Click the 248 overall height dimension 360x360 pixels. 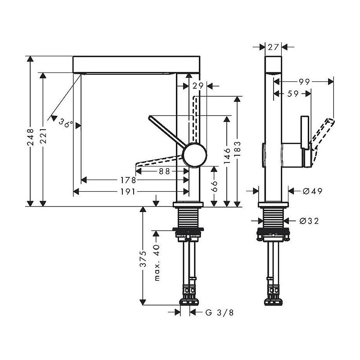click(x=31, y=137)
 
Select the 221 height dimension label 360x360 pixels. click(x=43, y=136)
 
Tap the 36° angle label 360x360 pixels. click(x=66, y=123)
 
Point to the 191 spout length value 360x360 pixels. click(x=128, y=192)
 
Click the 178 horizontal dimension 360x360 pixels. click(x=128, y=180)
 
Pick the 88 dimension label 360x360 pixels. click(x=164, y=171)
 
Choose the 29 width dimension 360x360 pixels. click(x=198, y=86)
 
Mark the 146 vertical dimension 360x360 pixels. click(x=227, y=156)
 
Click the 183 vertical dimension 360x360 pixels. click(x=238, y=149)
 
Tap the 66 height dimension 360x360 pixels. click(x=214, y=186)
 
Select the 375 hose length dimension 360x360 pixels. click(x=143, y=259)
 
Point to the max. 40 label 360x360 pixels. click(x=157, y=263)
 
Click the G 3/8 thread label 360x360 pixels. click(x=220, y=312)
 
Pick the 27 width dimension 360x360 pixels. click(x=273, y=47)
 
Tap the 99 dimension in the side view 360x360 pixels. click(x=305, y=81)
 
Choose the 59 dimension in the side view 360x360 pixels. click(x=293, y=94)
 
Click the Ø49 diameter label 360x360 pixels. click(x=312, y=191)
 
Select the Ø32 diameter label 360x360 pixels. click(x=309, y=221)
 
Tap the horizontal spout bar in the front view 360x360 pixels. click(x=136, y=64)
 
